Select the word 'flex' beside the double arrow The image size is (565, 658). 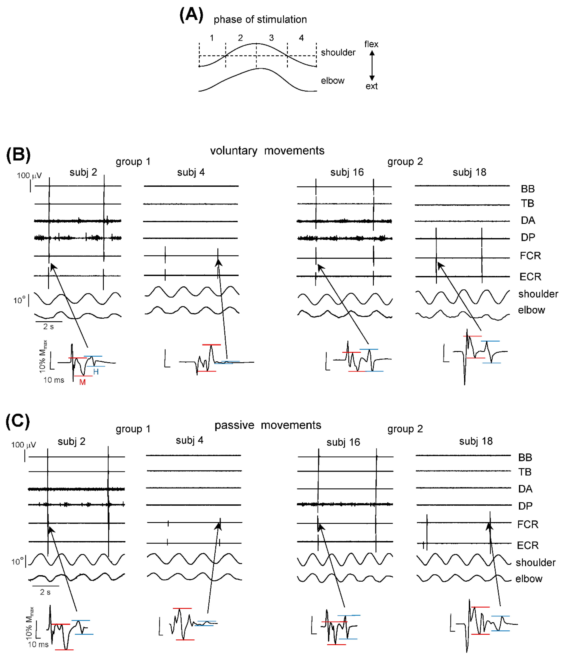click(x=371, y=44)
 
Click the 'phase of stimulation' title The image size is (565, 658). click(x=260, y=20)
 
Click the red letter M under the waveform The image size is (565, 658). click(x=82, y=382)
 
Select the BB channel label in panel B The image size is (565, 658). click(x=527, y=189)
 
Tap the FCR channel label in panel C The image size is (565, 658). click(x=527, y=524)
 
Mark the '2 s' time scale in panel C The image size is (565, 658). click(x=45, y=592)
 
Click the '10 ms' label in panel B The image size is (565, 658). click(x=54, y=380)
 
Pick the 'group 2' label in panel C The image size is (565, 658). click(x=405, y=429)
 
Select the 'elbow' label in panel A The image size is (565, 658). click(x=332, y=81)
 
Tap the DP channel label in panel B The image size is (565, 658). click(x=527, y=237)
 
